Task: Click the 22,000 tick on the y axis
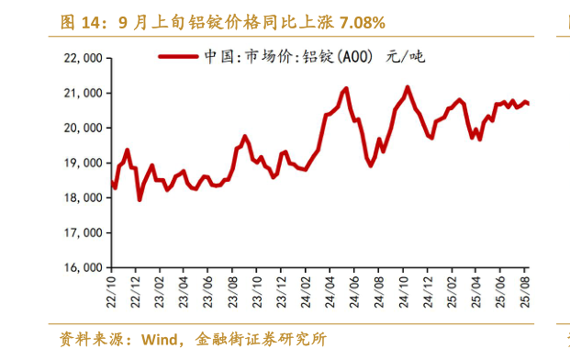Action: [82, 58]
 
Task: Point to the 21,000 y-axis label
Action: [82, 93]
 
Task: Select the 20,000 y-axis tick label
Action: [82, 128]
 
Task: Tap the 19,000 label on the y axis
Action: [82, 163]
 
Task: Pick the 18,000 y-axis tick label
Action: [82, 197]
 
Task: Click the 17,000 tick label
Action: [82, 232]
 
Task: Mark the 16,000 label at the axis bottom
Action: [82, 267]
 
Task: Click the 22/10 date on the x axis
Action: [112, 289]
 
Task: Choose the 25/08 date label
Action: [523, 289]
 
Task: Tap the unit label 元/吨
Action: [406, 57]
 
